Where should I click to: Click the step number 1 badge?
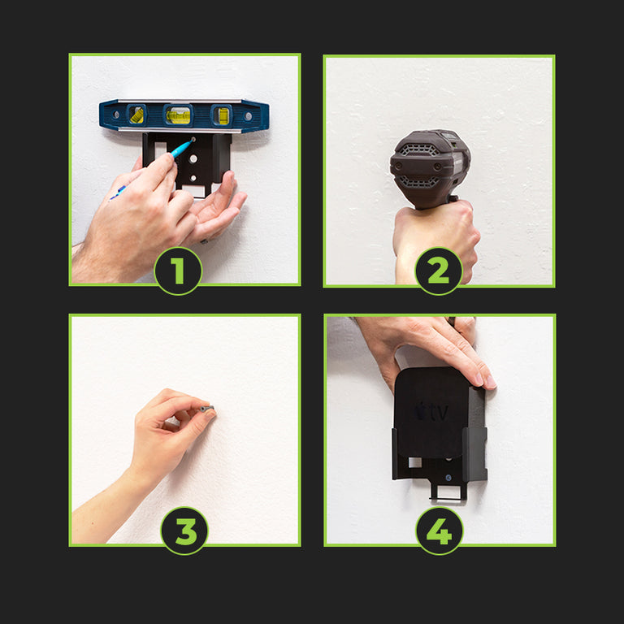(178, 271)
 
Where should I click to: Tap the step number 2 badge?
(439, 271)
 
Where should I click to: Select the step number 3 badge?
(184, 531)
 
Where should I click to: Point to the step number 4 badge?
(440, 531)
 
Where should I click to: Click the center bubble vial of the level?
(178, 115)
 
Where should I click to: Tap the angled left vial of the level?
(136, 115)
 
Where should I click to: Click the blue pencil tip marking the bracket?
(192, 141)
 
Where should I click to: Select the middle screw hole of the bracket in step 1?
(193, 158)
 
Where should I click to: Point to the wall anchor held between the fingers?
(207, 409)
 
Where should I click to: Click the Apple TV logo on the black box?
(431, 412)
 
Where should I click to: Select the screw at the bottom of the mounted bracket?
(448, 478)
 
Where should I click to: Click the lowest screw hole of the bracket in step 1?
(193, 178)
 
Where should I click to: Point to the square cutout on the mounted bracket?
(414, 462)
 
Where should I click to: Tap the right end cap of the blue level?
(258, 116)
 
